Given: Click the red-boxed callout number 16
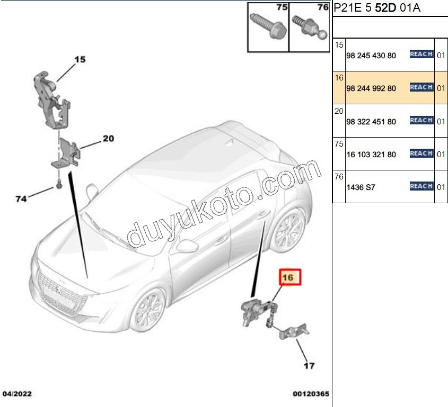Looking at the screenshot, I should point(290,277).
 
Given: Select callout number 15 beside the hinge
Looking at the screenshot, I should point(79,60).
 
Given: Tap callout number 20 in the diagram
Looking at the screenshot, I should point(108,139).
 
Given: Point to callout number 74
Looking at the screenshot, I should point(21,199).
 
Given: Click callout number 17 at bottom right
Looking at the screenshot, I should point(309,365).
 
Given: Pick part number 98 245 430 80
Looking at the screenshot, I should point(371,56).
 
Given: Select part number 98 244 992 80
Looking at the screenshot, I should point(371,88).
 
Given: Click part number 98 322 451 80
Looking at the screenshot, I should point(371,122).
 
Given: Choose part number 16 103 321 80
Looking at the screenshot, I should point(371,155).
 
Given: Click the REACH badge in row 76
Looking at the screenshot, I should point(421,186).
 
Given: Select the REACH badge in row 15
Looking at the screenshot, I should point(421,55).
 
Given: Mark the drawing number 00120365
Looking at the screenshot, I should point(311,394).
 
